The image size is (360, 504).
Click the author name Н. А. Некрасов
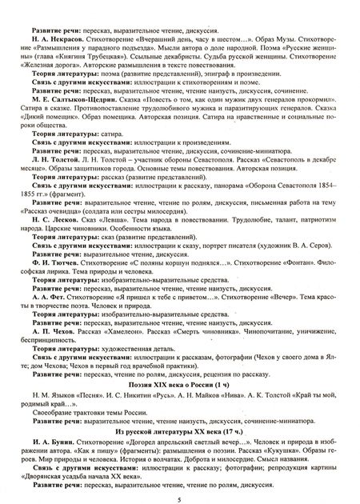tap(54, 15)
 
